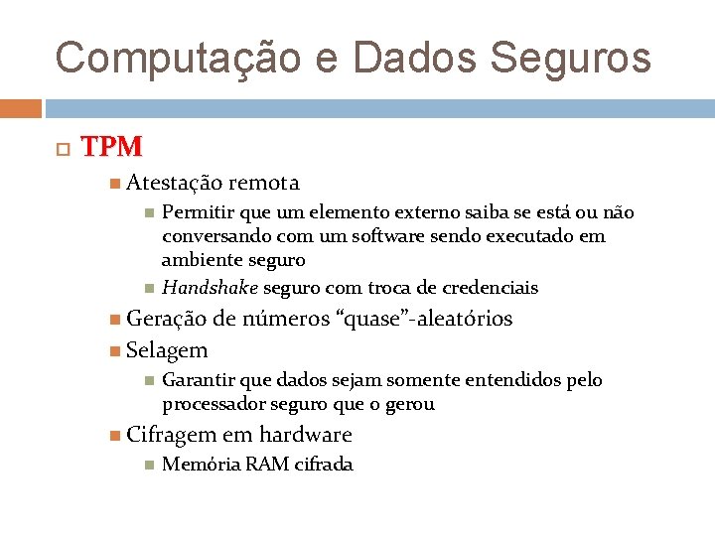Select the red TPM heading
click(x=111, y=147)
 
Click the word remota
click(x=263, y=183)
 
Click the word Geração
click(x=166, y=319)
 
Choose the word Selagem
click(x=167, y=350)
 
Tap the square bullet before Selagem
click(x=116, y=350)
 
